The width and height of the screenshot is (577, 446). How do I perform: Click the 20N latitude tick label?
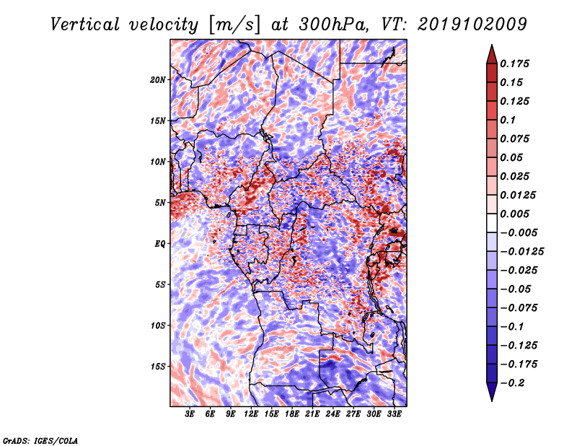tap(158, 79)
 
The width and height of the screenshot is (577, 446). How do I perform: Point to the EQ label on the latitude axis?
tap(159, 243)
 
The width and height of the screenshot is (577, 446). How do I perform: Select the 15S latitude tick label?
tap(158, 366)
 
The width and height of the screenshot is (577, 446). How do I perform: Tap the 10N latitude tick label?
tap(158, 162)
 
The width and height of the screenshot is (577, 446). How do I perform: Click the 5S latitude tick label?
tap(160, 284)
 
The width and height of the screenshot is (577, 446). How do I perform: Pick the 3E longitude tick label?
tap(190, 414)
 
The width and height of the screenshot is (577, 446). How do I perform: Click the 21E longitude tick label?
tap(312, 414)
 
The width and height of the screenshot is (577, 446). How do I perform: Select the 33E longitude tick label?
tap(394, 414)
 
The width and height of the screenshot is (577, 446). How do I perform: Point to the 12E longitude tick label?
tap(251, 414)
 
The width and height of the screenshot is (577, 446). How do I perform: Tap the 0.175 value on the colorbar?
tap(516, 64)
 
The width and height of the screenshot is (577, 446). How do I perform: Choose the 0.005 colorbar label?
tap(516, 214)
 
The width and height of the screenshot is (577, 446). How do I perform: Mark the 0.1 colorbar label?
tap(509, 120)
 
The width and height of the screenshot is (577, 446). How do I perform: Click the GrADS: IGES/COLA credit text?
tap(40, 440)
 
